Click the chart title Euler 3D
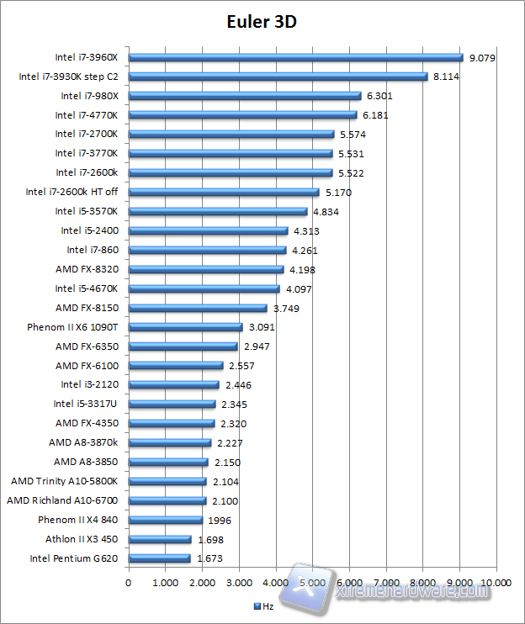click(x=262, y=22)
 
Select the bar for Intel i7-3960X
click(x=295, y=57)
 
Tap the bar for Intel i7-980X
click(x=244, y=96)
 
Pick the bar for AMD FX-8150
click(x=197, y=308)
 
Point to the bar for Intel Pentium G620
click(x=159, y=558)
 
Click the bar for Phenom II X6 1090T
click(x=185, y=327)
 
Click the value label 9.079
click(x=482, y=58)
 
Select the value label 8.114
click(x=447, y=77)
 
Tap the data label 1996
click(x=219, y=520)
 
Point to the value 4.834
click(x=326, y=212)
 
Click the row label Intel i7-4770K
click(x=87, y=115)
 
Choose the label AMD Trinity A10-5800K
click(x=64, y=481)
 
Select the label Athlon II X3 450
click(x=82, y=539)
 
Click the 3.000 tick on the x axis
click(x=239, y=581)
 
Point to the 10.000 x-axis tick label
click(x=496, y=581)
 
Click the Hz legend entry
click(x=264, y=605)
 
